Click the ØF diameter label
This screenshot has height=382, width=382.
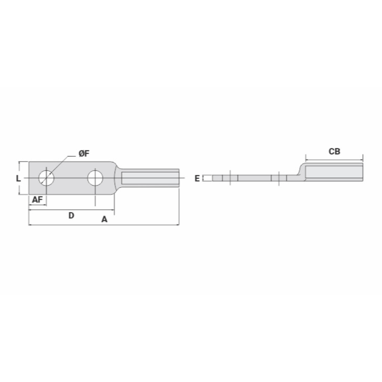point(84,154)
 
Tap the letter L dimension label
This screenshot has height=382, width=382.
point(18,178)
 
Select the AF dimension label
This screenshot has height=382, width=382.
point(37,200)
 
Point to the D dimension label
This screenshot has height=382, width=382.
point(71,215)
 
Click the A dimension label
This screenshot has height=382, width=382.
point(104,220)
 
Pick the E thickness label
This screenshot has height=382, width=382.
point(197,178)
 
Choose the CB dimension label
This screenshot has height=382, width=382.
point(334,152)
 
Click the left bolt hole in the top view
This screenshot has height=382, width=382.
point(46,178)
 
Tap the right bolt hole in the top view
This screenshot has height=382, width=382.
point(95,178)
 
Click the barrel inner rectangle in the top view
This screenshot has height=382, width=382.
point(150,178)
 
